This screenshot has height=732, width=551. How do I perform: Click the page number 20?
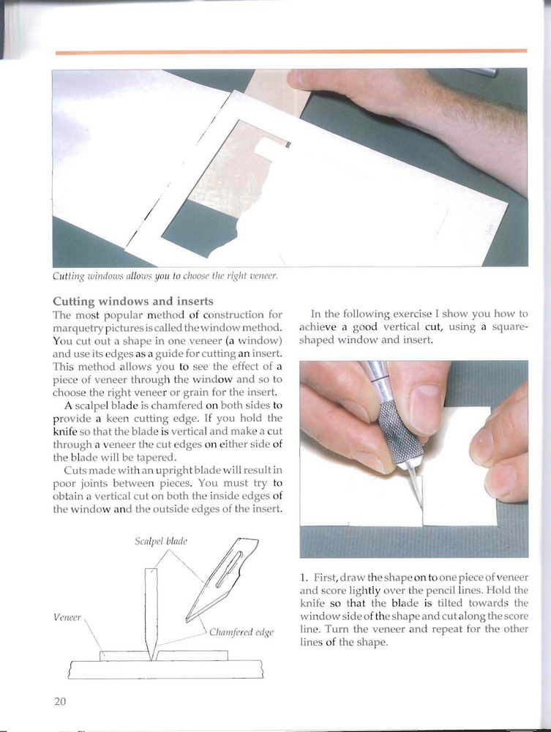pyautogui.click(x=60, y=701)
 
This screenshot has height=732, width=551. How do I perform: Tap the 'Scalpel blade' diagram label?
pyautogui.click(x=161, y=541)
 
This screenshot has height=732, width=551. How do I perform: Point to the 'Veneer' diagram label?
pyautogui.click(x=67, y=617)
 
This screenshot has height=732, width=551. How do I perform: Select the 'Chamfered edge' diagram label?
pyautogui.click(x=241, y=632)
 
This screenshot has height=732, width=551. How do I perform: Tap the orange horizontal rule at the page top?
pyautogui.click(x=291, y=51)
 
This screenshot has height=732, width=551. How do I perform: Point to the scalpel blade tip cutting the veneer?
pyautogui.click(x=420, y=506)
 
